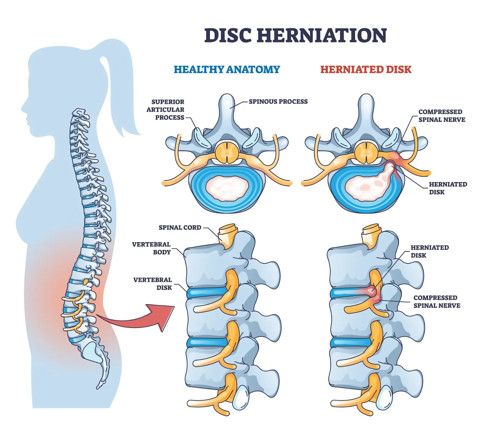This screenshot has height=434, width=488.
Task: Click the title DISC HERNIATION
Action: coord(295,35)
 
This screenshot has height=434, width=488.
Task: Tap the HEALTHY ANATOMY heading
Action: coord(227,70)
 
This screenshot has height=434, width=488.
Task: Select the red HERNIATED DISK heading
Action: coord(366,70)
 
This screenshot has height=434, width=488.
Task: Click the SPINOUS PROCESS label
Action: coord(278,102)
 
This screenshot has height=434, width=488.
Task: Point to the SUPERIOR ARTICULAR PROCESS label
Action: coord(166,110)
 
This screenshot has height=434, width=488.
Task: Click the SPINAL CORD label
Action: coord(180,228)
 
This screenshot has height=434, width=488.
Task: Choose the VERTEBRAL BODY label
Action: coord(152,248)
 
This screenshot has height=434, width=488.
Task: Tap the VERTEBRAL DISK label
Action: coord(153,284)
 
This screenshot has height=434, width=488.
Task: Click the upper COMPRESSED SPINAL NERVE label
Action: coord(441,116)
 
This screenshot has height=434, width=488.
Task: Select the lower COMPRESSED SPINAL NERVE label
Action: coord(436,302)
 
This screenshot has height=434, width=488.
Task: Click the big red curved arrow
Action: coord(140,317)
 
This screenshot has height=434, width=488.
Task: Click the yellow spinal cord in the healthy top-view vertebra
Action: coord(227,152)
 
